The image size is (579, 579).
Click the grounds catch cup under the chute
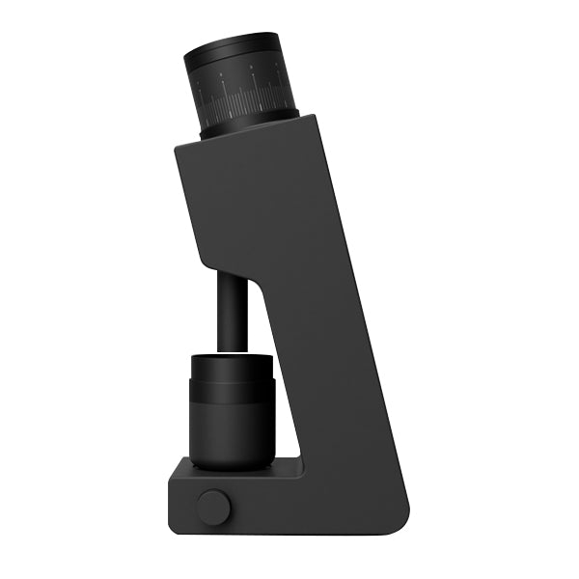[232, 410]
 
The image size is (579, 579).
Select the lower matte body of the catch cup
[232, 434]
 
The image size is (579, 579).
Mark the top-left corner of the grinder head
[178, 146]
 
